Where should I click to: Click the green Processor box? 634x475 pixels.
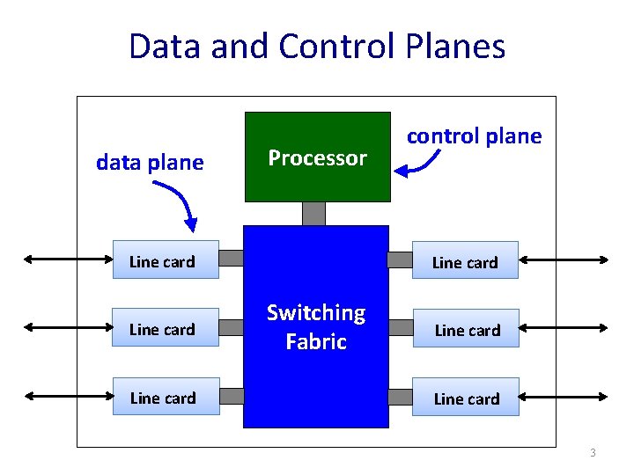(x=317, y=157)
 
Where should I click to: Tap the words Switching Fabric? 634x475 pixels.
(x=316, y=327)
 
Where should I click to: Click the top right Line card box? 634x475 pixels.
(x=465, y=261)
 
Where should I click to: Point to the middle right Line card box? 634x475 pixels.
(x=467, y=330)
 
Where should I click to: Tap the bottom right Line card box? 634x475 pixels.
(x=467, y=398)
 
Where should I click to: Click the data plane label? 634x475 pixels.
(x=150, y=163)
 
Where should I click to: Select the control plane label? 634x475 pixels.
(x=474, y=136)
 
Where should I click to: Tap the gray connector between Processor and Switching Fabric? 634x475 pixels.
(x=313, y=214)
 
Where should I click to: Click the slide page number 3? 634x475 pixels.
(x=593, y=453)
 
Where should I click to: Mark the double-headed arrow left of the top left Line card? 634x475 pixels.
(x=66, y=259)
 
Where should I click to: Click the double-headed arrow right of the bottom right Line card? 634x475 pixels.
(x=565, y=398)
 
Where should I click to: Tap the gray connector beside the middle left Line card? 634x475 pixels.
(x=231, y=327)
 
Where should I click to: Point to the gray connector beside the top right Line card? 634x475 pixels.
(x=401, y=259)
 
